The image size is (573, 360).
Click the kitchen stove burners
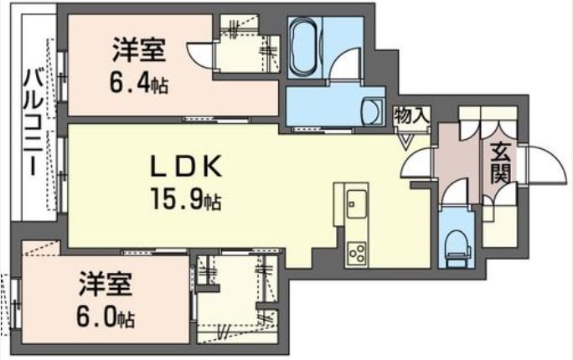357,249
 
